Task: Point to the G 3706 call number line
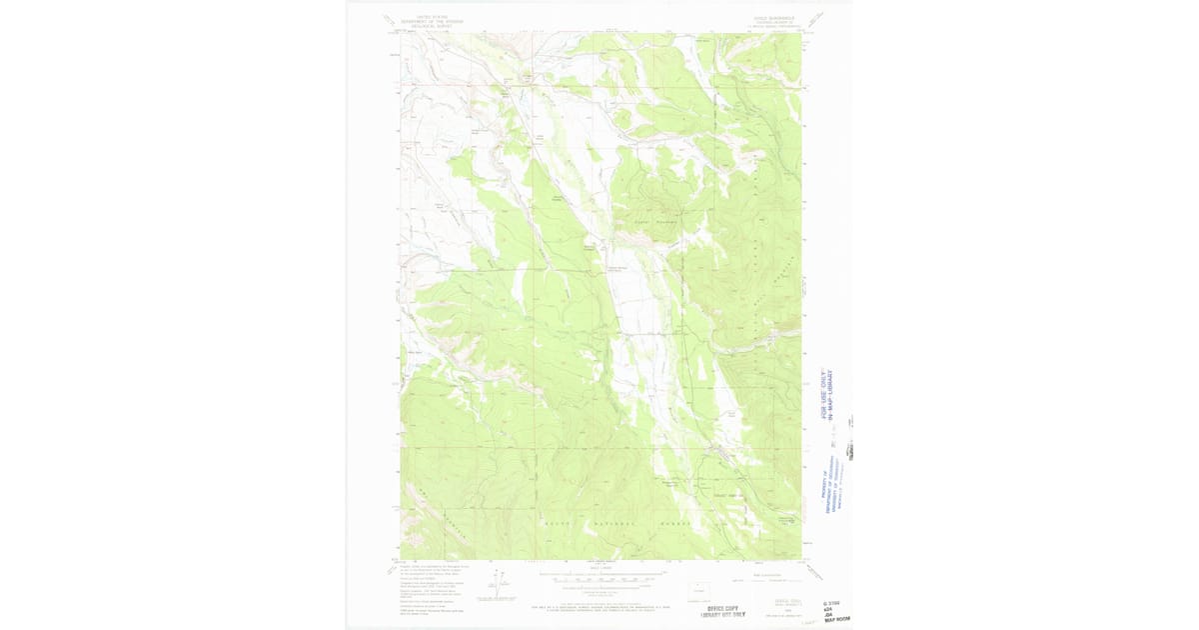coord(832,602)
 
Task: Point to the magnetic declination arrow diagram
coord(497,586)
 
